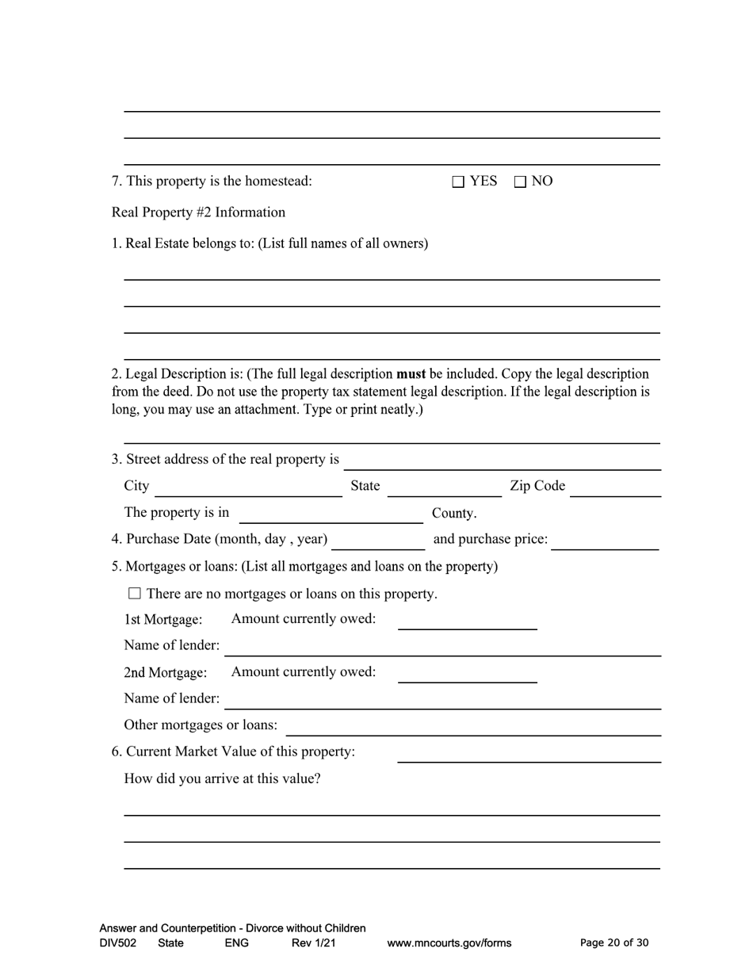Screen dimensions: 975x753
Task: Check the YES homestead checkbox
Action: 458,182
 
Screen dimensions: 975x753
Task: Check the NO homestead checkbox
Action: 520,182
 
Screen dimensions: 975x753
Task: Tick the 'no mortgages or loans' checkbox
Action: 134,593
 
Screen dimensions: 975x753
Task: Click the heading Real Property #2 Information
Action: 198,212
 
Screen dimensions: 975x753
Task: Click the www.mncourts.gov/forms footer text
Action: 449,943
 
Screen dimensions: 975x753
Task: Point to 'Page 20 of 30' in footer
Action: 614,942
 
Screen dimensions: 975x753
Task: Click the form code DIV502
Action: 118,943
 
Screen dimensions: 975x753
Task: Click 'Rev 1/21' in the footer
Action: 314,943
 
